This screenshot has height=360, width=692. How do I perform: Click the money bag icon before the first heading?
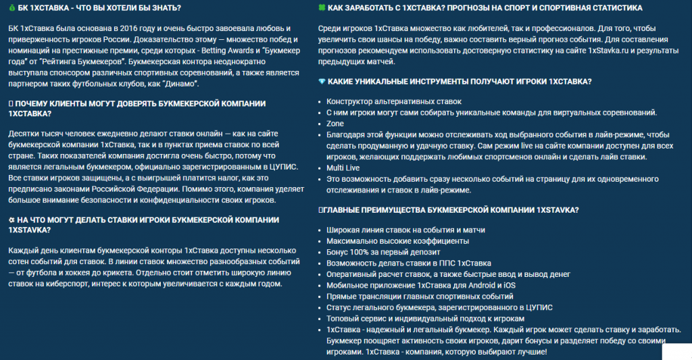pos(12,8)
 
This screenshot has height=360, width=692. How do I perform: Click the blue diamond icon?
pos(322,81)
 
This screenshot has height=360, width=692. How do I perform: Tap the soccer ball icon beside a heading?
pos(12,220)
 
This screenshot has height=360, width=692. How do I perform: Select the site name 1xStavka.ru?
pos(610,51)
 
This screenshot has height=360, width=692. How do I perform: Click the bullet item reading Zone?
pos(335,124)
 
